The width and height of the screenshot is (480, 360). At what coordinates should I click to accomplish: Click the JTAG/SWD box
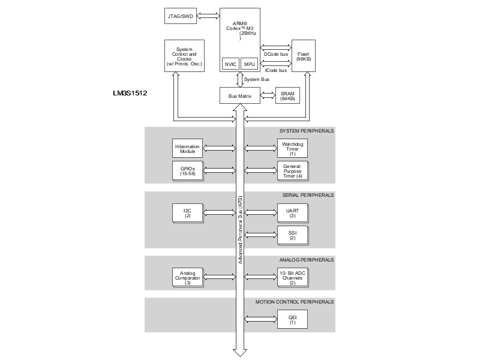click(x=180, y=16)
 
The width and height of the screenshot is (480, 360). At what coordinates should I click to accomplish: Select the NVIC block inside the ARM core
click(x=229, y=64)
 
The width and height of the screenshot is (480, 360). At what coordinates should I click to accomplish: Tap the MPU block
click(x=249, y=64)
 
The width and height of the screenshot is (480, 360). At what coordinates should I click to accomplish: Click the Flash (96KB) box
click(x=303, y=56)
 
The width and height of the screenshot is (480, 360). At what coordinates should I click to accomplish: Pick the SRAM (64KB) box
click(x=287, y=95)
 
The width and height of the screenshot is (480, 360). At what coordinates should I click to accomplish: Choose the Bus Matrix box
click(x=240, y=95)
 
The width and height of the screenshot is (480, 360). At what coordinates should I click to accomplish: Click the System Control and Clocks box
click(x=184, y=56)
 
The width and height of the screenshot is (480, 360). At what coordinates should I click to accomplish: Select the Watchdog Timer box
click(x=292, y=148)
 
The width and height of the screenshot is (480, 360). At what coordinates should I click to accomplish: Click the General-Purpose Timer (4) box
click(x=292, y=170)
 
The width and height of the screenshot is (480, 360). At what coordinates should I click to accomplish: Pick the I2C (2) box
click(x=187, y=213)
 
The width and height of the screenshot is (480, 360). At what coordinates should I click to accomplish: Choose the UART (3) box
click(x=292, y=213)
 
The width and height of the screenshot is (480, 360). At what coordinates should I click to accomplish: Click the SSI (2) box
click(x=292, y=235)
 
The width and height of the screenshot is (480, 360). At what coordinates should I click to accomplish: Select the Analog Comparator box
click(x=187, y=277)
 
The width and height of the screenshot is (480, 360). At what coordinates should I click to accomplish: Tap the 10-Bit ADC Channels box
click(x=292, y=277)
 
